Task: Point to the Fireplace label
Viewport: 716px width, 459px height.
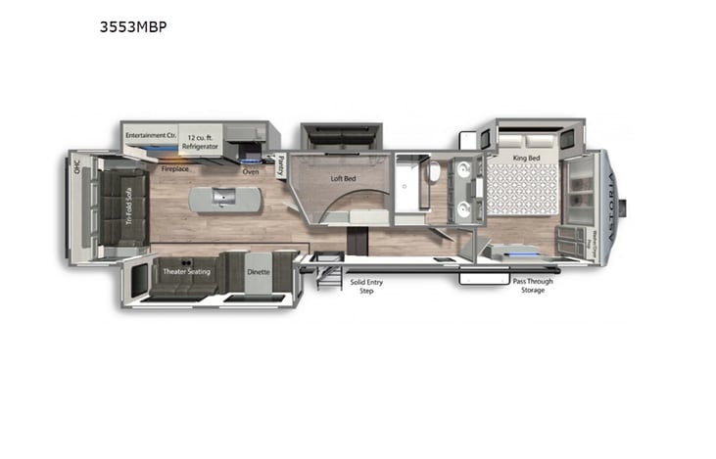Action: pyautogui.click(x=175, y=168)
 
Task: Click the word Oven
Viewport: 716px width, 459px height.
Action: pyautogui.click(x=251, y=171)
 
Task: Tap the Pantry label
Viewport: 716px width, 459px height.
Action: pyautogui.click(x=280, y=164)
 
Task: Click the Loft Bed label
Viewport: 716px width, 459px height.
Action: pyautogui.click(x=342, y=178)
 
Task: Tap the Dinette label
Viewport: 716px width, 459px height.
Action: pyautogui.click(x=257, y=271)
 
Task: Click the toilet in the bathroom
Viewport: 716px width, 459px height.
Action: pyautogui.click(x=433, y=172)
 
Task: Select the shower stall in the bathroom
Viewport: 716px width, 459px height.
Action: pyautogui.click(x=407, y=182)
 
